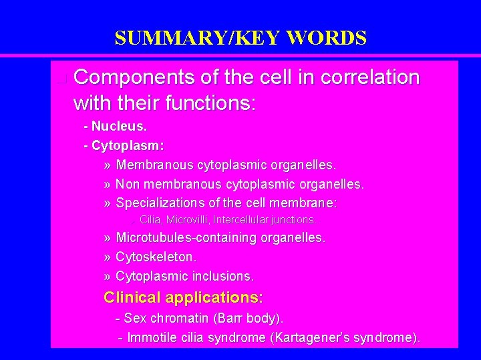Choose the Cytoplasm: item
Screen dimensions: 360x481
pyautogui.click(x=128, y=145)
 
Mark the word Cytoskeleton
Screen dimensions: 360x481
pyautogui.click(x=156, y=257)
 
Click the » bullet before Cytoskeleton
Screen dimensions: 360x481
pyautogui.click(x=108, y=257)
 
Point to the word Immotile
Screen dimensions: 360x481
pyautogui.click(x=152, y=338)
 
